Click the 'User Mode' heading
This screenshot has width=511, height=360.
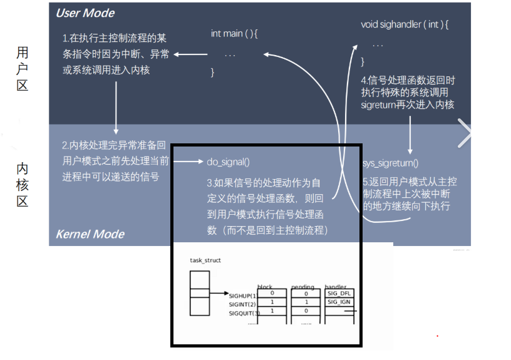pyautogui.click(x=85, y=13)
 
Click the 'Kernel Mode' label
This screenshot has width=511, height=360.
pyautogui.click(x=90, y=234)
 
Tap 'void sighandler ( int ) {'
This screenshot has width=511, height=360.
pyautogui.click(x=405, y=24)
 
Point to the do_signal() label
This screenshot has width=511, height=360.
pyautogui.click(x=228, y=162)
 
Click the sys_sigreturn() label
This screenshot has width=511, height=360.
pyautogui.click(x=391, y=163)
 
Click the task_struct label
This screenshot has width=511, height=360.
pyautogui.click(x=205, y=260)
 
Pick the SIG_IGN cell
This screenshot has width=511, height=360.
pyautogui.click(x=339, y=302)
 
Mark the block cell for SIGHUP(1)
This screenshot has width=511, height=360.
pyautogui.click(x=272, y=293)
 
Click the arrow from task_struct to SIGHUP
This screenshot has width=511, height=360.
pyautogui.click(x=219, y=293)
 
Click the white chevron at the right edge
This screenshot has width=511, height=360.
pyautogui.click(x=465, y=133)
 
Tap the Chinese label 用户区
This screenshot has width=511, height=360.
pyautogui.click(x=23, y=68)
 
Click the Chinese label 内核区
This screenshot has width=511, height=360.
pyautogui.click(x=23, y=185)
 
